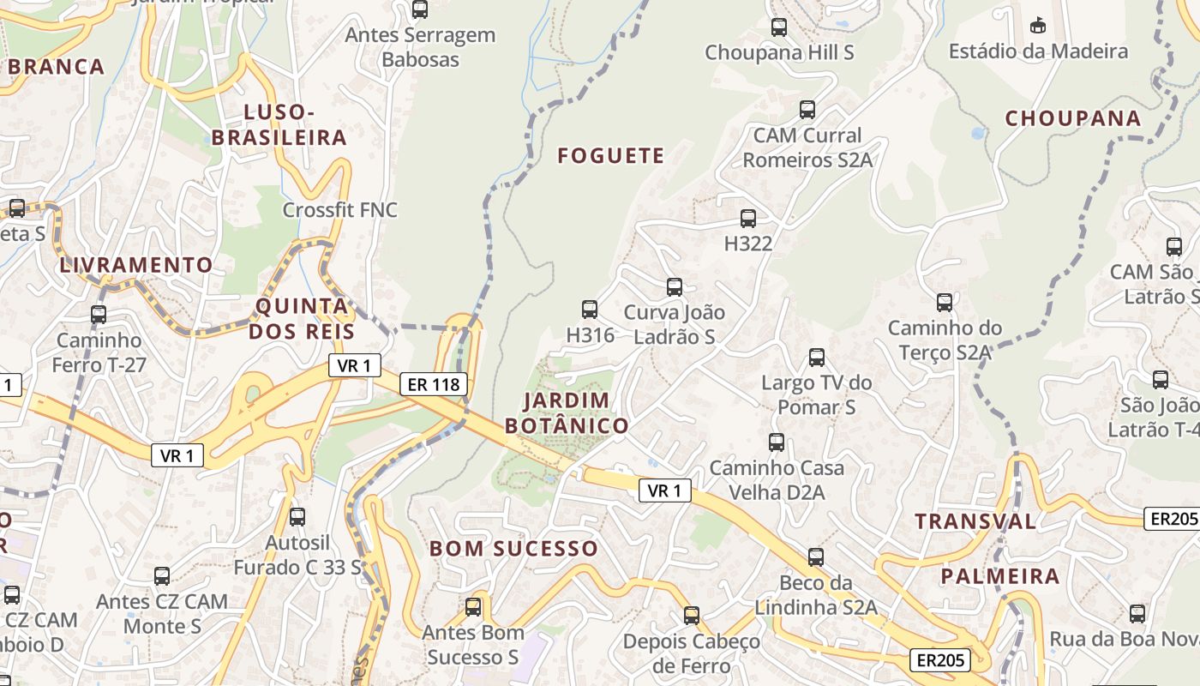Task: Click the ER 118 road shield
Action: [x=434, y=384]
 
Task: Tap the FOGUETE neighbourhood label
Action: [x=610, y=155]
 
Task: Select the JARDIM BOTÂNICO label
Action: [x=566, y=412]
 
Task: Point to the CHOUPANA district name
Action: [x=1072, y=118]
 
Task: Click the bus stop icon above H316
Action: [x=590, y=310]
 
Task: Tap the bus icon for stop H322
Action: [x=748, y=219]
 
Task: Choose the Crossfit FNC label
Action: [x=340, y=210]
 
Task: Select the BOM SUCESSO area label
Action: [x=513, y=548]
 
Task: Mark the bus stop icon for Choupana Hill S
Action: [x=778, y=27]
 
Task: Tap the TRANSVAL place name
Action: [x=975, y=521]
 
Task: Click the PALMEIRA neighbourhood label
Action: [x=1000, y=575]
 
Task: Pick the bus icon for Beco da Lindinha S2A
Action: [x=816, y=557]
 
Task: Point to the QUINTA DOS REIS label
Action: [x=302, y=318]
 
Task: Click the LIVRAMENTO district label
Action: [x=135, y=265]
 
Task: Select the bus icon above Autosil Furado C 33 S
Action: [x=297, y=517]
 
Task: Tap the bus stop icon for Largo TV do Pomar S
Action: [x=817, y=358]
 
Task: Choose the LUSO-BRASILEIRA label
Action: [x=279, y=124]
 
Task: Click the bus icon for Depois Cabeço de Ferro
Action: [x=692, y=616]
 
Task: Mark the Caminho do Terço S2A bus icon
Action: [x=944, y=303]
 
